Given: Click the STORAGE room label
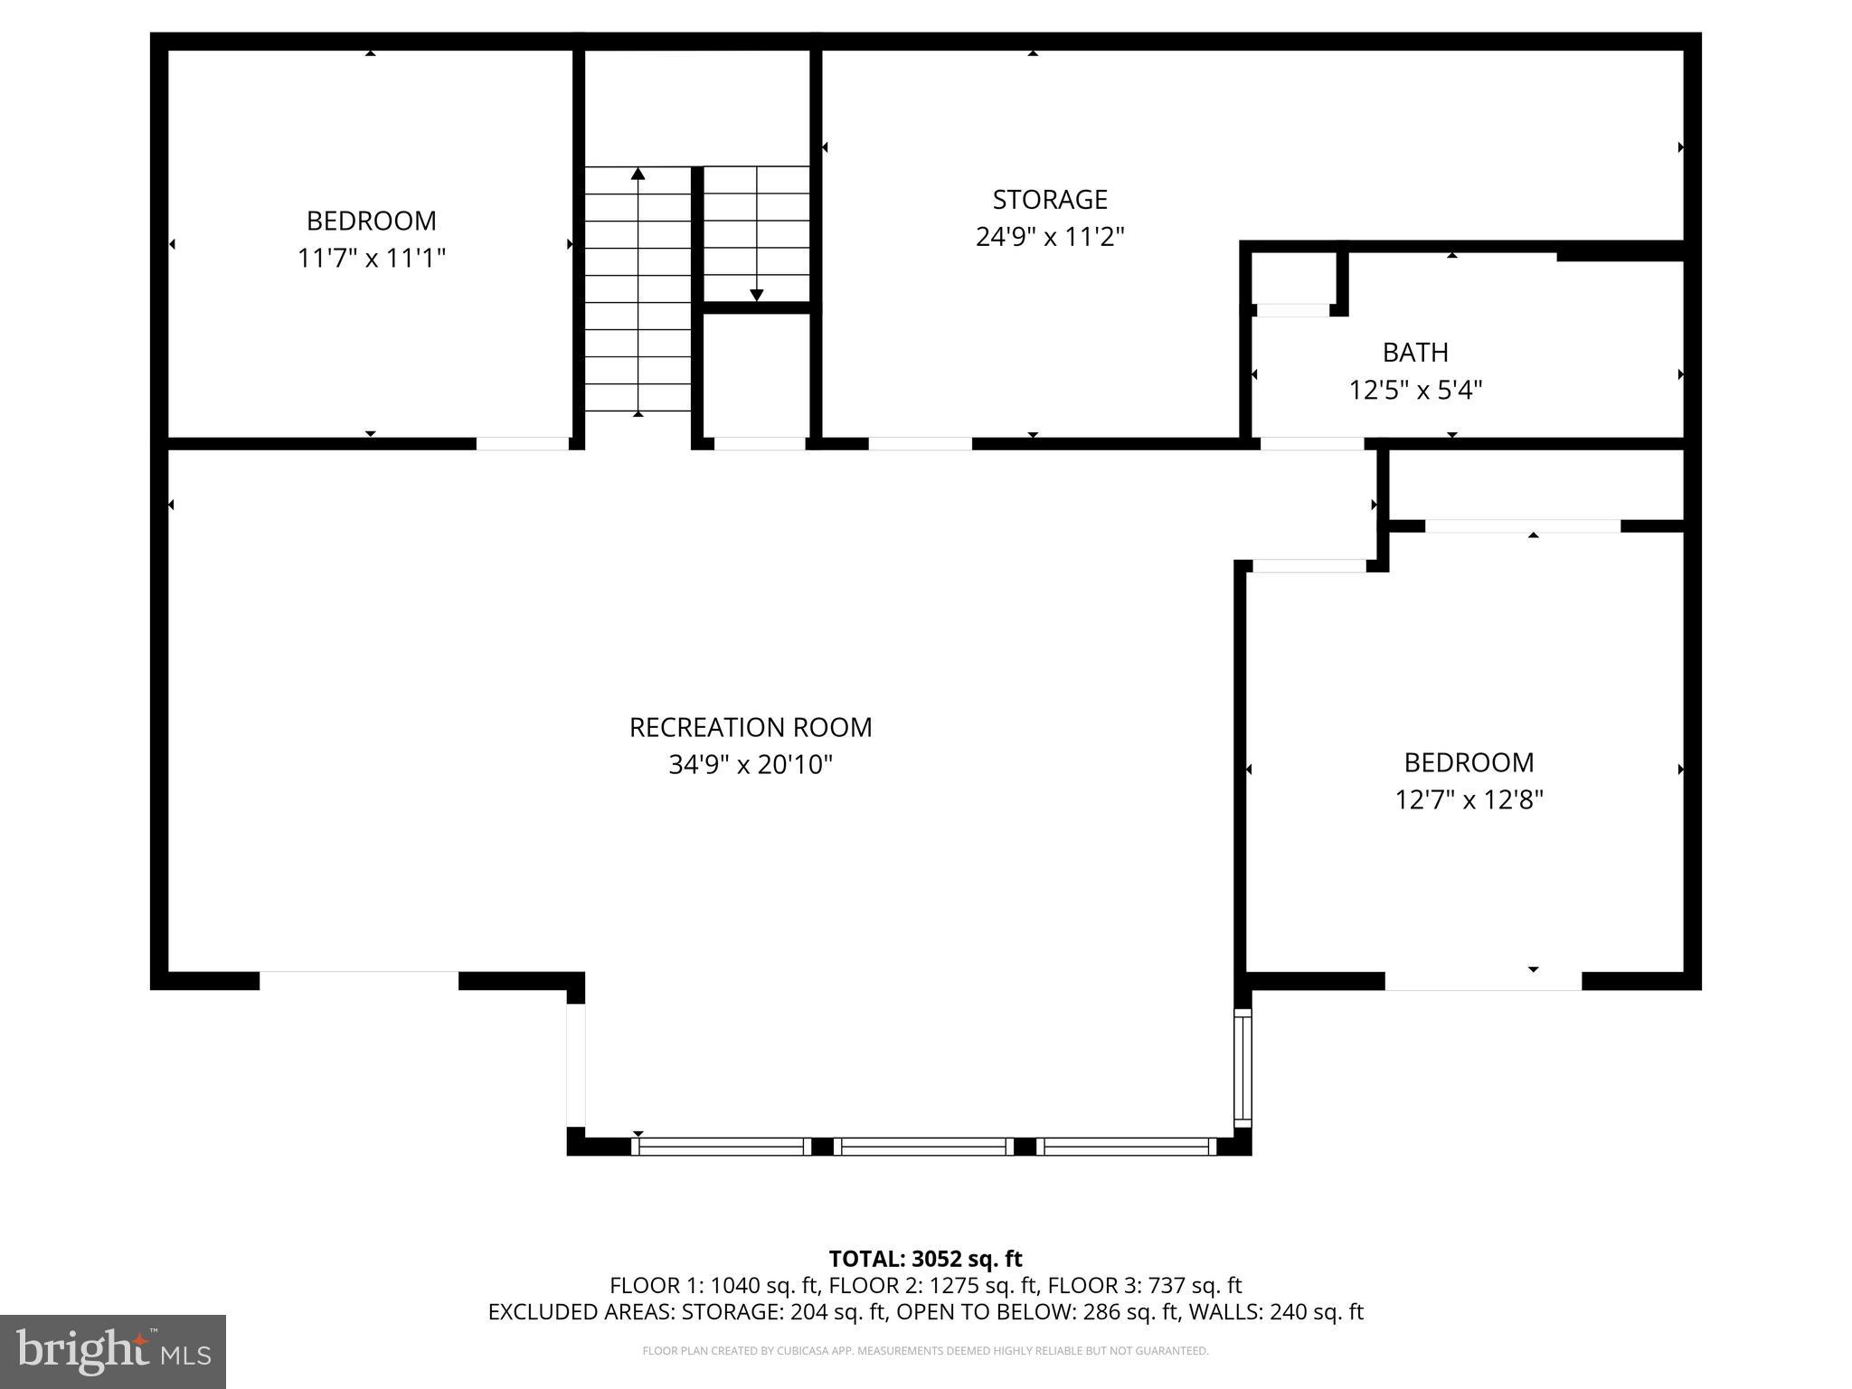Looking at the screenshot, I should click(1049, 199).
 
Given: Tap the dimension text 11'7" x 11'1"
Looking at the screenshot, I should click(371, 259).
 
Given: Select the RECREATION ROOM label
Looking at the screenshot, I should click(750, 727).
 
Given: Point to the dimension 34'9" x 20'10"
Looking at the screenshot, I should click(750, 765).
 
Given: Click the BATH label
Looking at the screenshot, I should click(1415, 352).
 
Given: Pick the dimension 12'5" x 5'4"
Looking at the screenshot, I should click(1415, 391).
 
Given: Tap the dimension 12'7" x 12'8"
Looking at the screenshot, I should click(1469, 800).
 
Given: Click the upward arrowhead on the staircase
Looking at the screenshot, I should click(638, 174).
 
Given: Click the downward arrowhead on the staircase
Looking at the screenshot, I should click(757, 295).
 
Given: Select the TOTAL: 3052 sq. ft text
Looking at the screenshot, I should click(925, 1259).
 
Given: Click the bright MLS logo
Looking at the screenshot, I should click(113, 1352).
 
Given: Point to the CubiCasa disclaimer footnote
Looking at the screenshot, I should click(925, 1351).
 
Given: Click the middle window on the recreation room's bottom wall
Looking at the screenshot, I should click(923, 1147).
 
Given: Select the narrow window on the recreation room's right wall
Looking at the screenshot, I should click(1243, 1068).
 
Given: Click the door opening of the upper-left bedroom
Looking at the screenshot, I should click(523, 443).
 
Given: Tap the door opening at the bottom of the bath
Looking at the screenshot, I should click(1311, 443).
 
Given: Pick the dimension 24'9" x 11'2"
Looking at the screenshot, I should click(1049, 237).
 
